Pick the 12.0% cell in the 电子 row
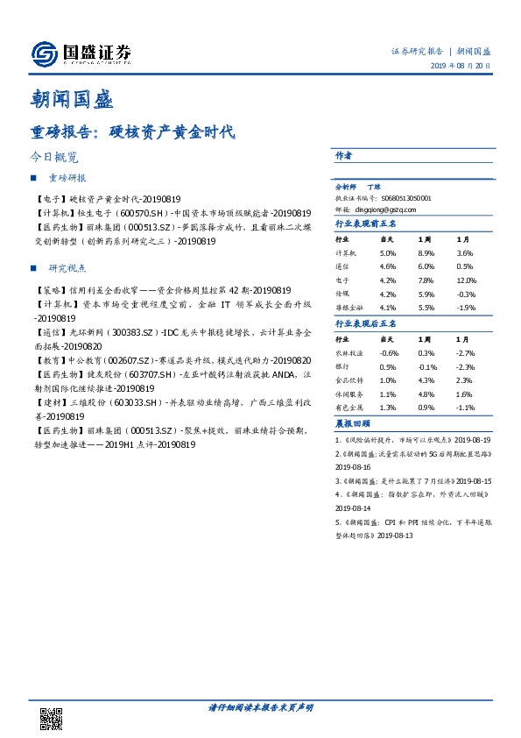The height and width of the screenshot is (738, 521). tap(464, 280)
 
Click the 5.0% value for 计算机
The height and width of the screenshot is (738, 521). tap(386, 252)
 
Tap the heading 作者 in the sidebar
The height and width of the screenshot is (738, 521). tap(344, 155)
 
